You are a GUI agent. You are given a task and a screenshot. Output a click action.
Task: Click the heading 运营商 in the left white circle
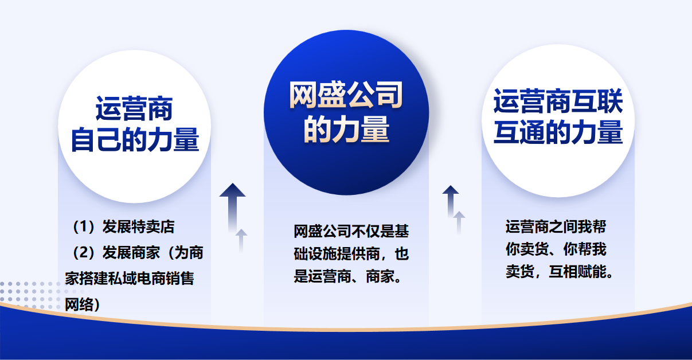pyautogui.click(x=134, y=109)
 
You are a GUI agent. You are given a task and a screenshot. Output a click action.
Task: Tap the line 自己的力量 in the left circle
pyautogui.click(x=135, y=140)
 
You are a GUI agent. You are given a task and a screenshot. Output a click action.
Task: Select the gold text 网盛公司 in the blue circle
pyautogui.click(x=346, y=95)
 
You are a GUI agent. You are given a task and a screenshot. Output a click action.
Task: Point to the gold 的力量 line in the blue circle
pyautogui.click(x=346, y=129)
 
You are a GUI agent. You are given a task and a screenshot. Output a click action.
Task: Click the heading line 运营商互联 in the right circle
pyautogui.click(x=558, y=101)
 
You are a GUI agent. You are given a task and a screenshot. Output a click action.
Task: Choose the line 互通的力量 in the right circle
pyautogui.click(x=558, y=132)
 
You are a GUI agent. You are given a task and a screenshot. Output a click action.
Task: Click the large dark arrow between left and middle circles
pyautogui.click(x=232, y=208)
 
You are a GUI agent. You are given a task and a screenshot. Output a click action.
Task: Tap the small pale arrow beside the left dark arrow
pyautogui.click(x=241, y=241)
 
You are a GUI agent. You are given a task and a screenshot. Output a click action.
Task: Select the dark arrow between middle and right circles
pyautogui.click(x=451, y=201)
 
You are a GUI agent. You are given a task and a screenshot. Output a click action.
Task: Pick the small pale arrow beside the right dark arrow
pyautogui.click(x=459, y=222)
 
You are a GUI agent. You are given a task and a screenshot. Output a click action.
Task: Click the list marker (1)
pyautogui.click(x=83, y=226)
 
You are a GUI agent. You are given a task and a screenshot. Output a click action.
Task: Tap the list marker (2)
pyautogui.click(x=83, y=253)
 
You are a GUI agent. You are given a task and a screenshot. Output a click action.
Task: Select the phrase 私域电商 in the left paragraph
pyautogui.click(x=136, y=279)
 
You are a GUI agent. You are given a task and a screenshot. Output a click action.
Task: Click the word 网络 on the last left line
pyautogui.click(x=79, y=305)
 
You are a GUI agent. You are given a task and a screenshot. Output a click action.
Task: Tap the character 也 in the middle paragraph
pyautogui.click(x=401, y=254)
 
